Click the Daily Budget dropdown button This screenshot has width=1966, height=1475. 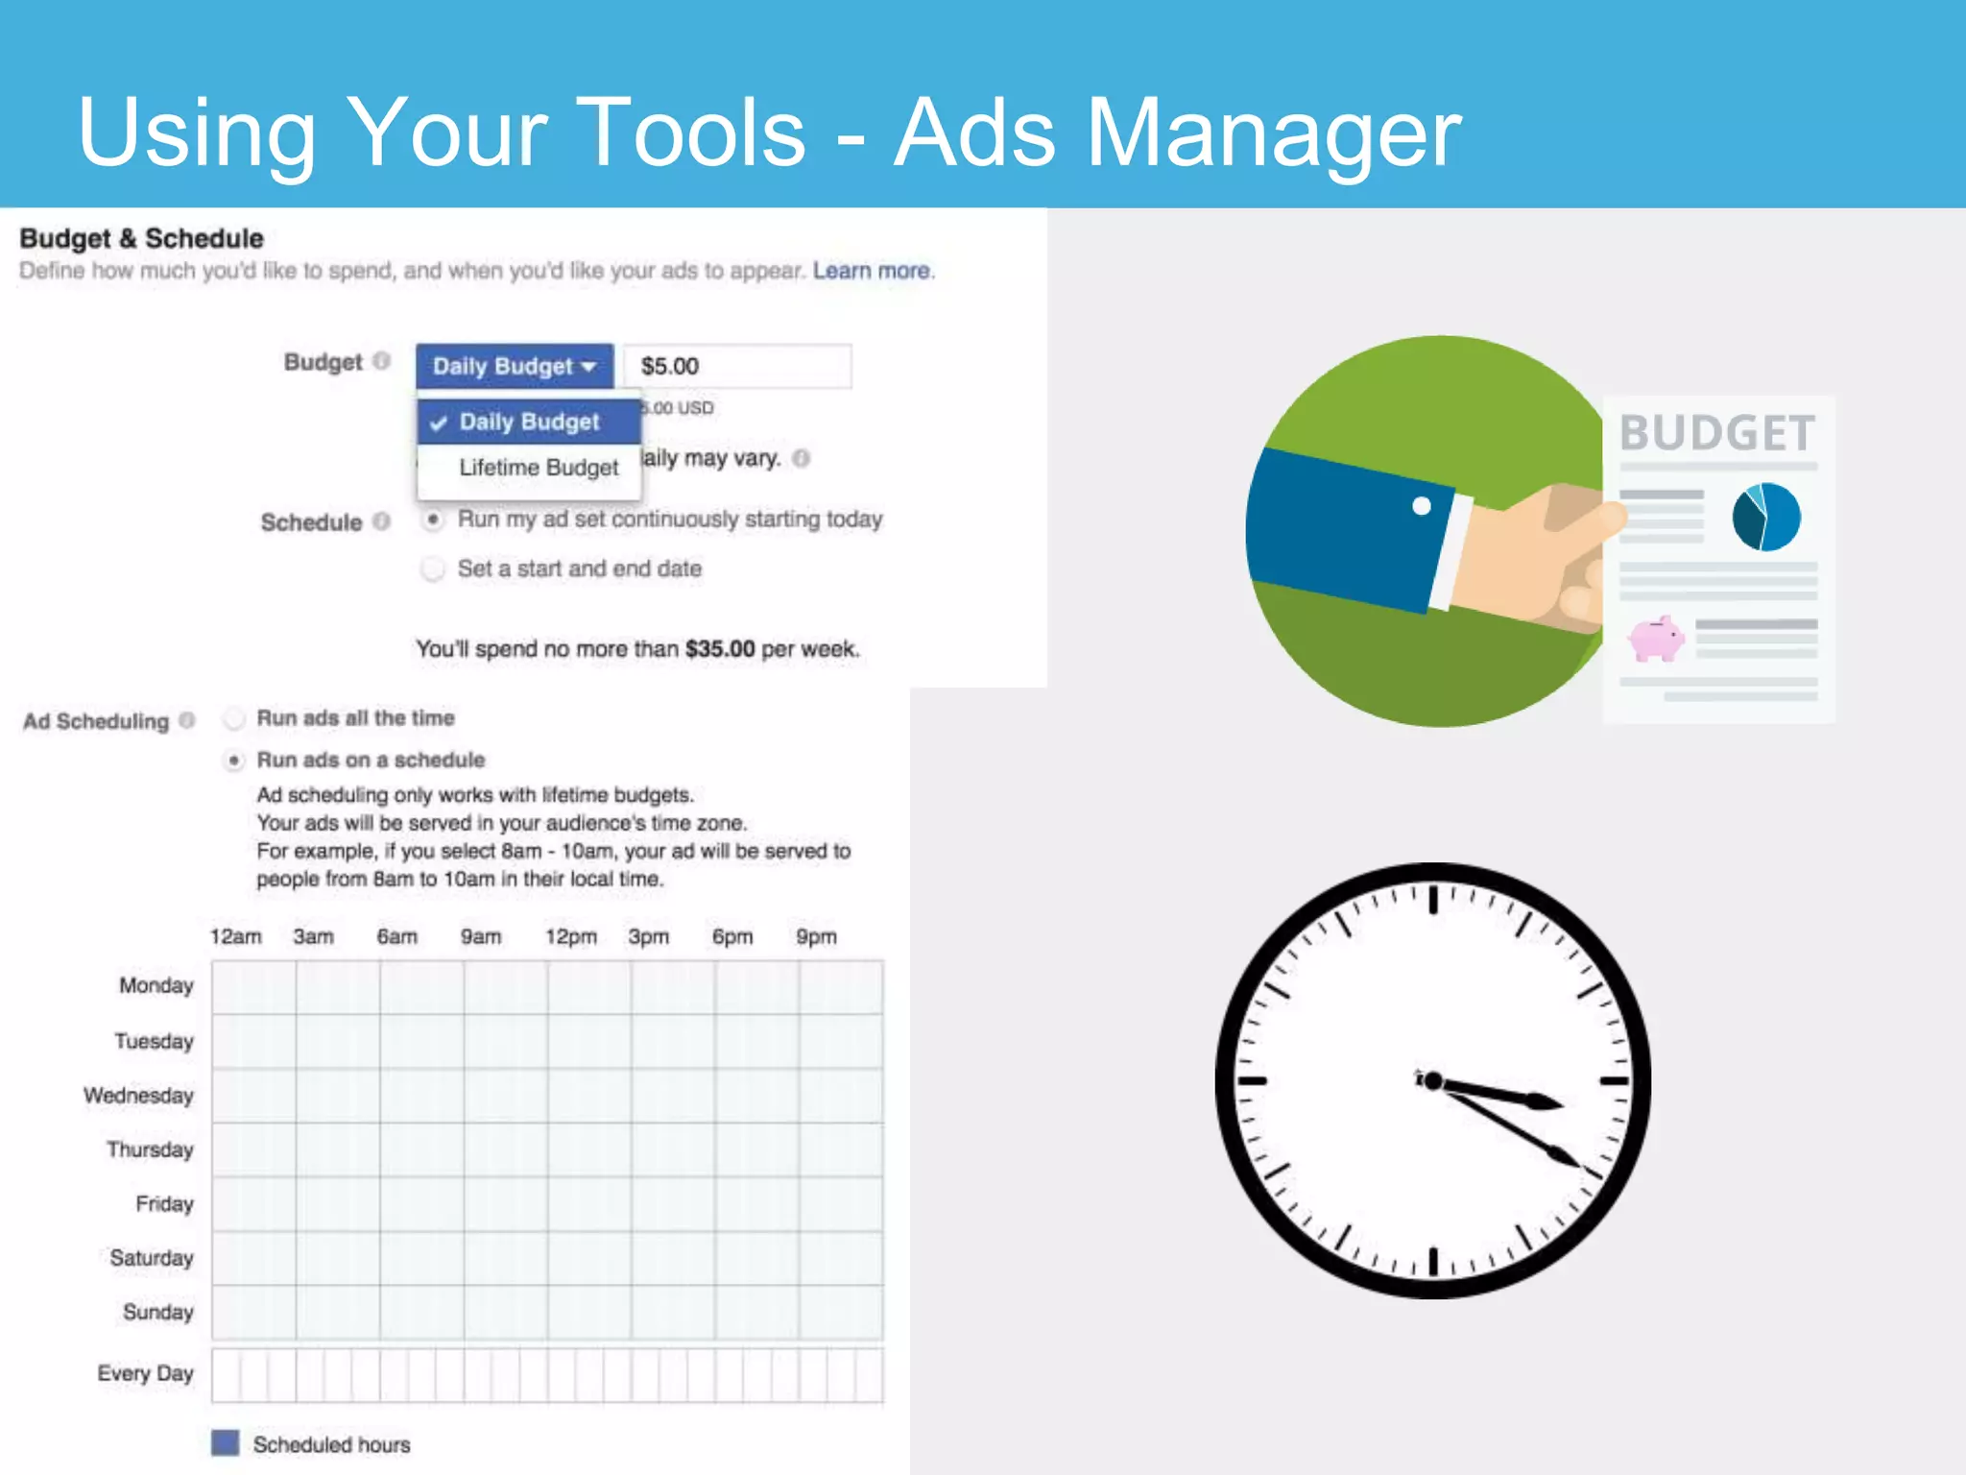point(514,366)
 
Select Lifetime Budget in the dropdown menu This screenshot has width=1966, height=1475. point(538,468)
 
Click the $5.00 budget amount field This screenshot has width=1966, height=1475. point(736,366)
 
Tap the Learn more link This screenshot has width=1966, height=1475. point(871,271)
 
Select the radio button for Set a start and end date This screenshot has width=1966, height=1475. point(433,568)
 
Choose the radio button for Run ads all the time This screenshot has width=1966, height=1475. point(234,718)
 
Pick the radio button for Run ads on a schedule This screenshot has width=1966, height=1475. point(234,761)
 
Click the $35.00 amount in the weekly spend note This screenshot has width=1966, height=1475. point(720,649)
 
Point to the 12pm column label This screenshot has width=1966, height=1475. point(570,936)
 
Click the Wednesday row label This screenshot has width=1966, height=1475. point(139,1096)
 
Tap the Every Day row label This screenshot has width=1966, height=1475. point(145,1373)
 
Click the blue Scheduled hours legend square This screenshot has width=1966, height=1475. point(226,1443)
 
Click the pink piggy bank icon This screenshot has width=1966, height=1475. point(1656,639)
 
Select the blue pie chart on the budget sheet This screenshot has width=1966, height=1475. point(1765,517)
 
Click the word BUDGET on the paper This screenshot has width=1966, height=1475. point(1717,433)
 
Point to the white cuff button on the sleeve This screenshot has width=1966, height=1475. point(1422,506)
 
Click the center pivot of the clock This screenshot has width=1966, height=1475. point(1432,1081)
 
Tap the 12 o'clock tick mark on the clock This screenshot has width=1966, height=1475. point(1433,900)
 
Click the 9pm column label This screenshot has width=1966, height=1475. point(816,936)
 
